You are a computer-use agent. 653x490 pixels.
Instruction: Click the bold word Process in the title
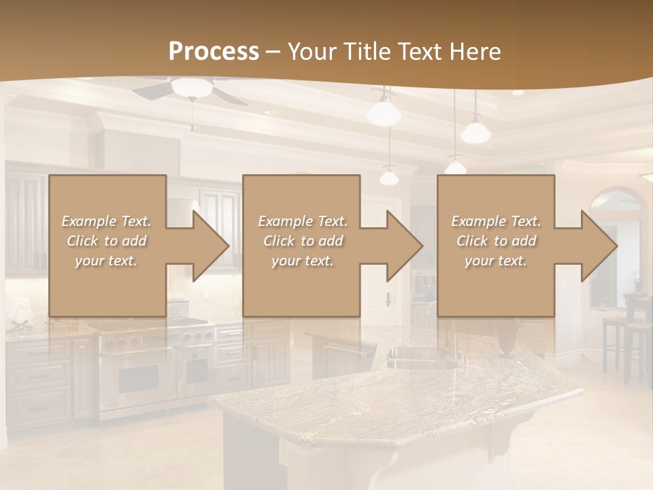coord(214,52)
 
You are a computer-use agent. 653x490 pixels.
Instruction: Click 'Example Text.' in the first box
coord(106,221)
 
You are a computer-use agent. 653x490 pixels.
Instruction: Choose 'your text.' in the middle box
coord(302,261)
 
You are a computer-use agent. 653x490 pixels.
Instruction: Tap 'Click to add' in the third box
coord(496,241)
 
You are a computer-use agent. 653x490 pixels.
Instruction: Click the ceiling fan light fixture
coord(191,87)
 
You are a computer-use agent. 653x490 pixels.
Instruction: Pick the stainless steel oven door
coord(140,378)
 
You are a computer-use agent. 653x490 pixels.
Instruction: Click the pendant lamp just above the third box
coord(456,166)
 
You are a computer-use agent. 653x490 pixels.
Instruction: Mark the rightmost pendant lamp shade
coord(475,131)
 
